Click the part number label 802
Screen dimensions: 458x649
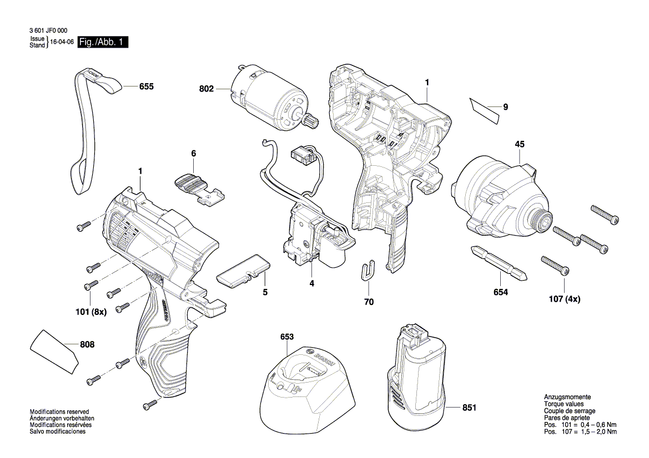pyautogui.click(x=206, y=89)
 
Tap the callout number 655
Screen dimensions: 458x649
pyautogui.click(x=146, y=86)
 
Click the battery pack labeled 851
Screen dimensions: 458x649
pyautogui.click(x=416, y=383)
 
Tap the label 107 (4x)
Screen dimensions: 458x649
pyautogui.click(x=564, y=299)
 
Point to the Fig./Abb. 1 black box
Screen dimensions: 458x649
pyautogui.click(x=103, y=42)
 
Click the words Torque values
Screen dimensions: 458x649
pyautogui.click(x=565, y=404)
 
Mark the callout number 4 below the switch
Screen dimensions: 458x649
pyautogui.click(x=311, y=283)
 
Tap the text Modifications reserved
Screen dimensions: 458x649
pyautogui.click(x=59, y=411)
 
